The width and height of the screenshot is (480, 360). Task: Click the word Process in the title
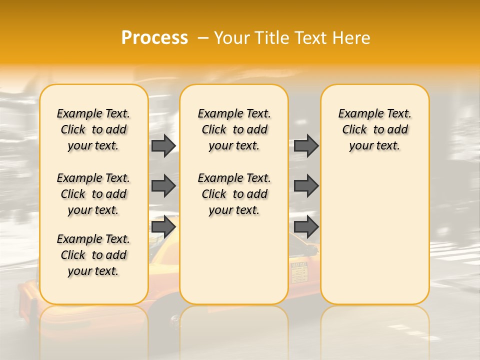tap(154, 38)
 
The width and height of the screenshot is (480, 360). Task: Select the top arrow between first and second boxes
tap(163, 145)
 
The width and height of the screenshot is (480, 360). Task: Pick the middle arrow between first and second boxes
tap(163, 186)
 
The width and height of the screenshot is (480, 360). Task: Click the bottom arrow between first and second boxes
tap(163, 227)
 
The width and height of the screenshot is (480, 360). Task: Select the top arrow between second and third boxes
tap(306, 145)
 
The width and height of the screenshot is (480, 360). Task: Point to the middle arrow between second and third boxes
tap(306, 186)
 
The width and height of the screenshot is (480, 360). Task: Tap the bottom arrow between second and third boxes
tap(306, 227)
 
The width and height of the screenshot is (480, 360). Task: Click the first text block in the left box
tap(93, 129)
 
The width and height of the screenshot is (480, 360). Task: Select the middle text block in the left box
tap(93, 194)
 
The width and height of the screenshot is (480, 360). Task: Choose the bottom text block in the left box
tap(93, 255)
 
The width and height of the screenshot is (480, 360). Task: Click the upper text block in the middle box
tap(234, 129)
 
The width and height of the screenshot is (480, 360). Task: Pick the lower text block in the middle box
tap(234, 194)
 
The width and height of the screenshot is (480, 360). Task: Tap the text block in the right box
tap(374, 129)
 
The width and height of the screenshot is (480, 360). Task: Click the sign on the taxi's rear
tap(299, 272)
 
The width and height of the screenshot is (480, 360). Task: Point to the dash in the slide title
tap(203, 38)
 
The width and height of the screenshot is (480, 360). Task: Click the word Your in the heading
tap(233, 38)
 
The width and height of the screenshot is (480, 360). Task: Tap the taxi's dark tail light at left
tap(33, 305)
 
